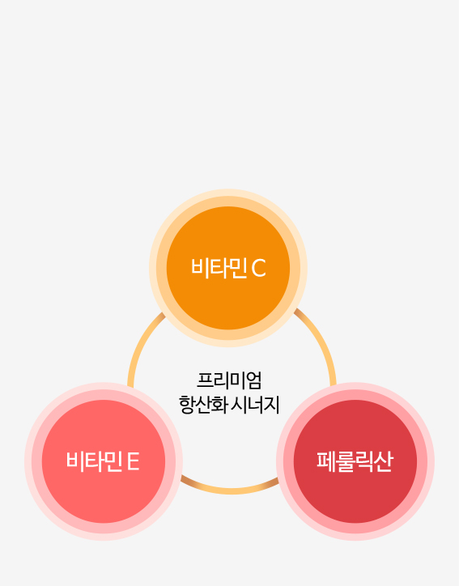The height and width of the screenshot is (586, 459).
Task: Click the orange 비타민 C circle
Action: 228,268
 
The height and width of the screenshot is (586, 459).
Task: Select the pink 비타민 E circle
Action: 104,461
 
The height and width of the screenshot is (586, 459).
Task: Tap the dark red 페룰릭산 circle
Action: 355,461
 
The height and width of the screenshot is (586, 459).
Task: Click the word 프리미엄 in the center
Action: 229,380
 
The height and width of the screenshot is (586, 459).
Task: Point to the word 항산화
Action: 203,405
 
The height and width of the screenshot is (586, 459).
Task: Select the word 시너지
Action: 256,405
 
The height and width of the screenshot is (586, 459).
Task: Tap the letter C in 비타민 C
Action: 259,268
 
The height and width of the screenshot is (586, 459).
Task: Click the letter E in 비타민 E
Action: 134,461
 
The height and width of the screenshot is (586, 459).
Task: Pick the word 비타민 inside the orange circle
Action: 219,268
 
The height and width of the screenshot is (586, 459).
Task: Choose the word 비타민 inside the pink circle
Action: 95,461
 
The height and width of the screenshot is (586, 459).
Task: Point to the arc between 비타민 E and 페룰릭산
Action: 231,490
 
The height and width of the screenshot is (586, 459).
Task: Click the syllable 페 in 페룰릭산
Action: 326,461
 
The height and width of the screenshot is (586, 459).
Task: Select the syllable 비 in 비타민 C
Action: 200,268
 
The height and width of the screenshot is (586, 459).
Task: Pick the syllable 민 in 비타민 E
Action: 113,461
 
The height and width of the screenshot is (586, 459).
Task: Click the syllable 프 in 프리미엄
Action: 205,380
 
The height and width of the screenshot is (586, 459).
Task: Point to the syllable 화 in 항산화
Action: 219,405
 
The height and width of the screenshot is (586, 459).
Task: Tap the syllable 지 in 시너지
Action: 272,405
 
